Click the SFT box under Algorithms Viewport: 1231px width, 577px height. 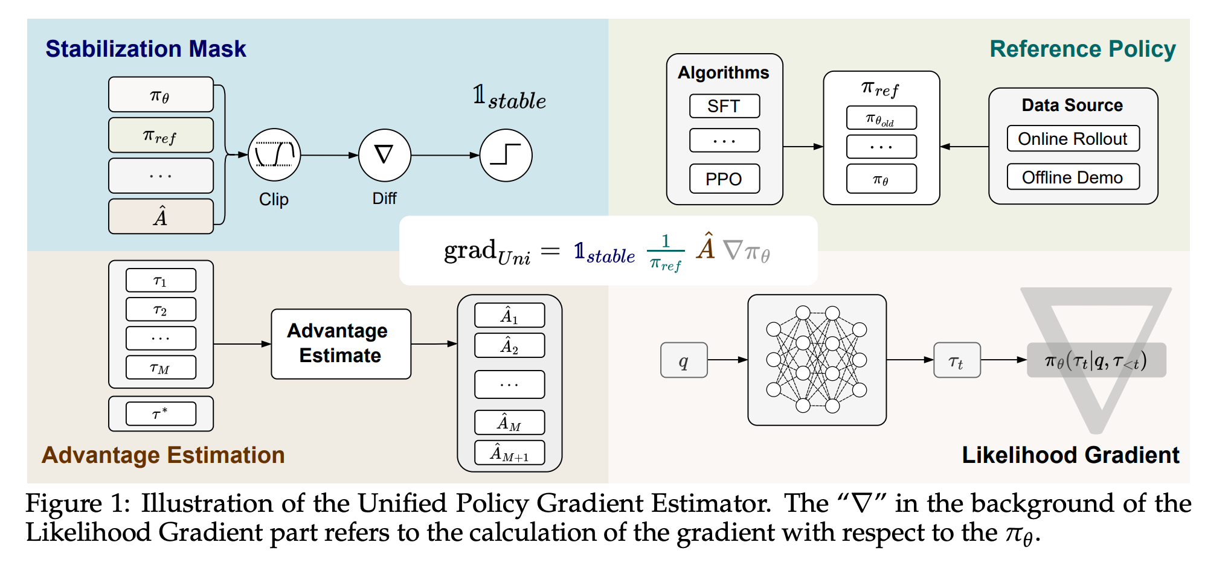(x=724, y=106)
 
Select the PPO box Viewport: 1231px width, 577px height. (x=724, y=179)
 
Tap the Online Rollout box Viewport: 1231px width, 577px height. (x=1072, y=139)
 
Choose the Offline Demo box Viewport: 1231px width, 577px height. (x=1072, y=177)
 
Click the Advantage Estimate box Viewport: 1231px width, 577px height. (x=341, y=343)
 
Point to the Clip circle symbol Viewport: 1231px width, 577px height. (x=274, y=155)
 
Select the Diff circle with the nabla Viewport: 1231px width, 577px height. (x=384, y=155)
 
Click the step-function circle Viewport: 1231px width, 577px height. (x=506, y=155)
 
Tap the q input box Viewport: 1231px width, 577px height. (x=684, y=360)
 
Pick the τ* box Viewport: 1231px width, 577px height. (x=161, y=414)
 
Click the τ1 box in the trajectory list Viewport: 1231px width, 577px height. (x=161, y=281)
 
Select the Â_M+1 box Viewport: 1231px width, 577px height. (x=509, y=453)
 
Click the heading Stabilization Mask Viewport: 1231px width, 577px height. (x=146, y=49)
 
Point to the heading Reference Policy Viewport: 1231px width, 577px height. (x=1082, y=49)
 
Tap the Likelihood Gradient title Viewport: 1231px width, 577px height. (x=1070, y=455)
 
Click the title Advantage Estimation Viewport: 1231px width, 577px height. (x=163, y=455)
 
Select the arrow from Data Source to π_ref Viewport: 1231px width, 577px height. (x=965, y=147)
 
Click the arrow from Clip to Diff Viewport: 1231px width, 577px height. (x=330, y=155)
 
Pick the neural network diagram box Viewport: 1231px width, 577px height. (x=817, y=360)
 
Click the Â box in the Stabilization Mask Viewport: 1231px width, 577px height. (x=161, y=216)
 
